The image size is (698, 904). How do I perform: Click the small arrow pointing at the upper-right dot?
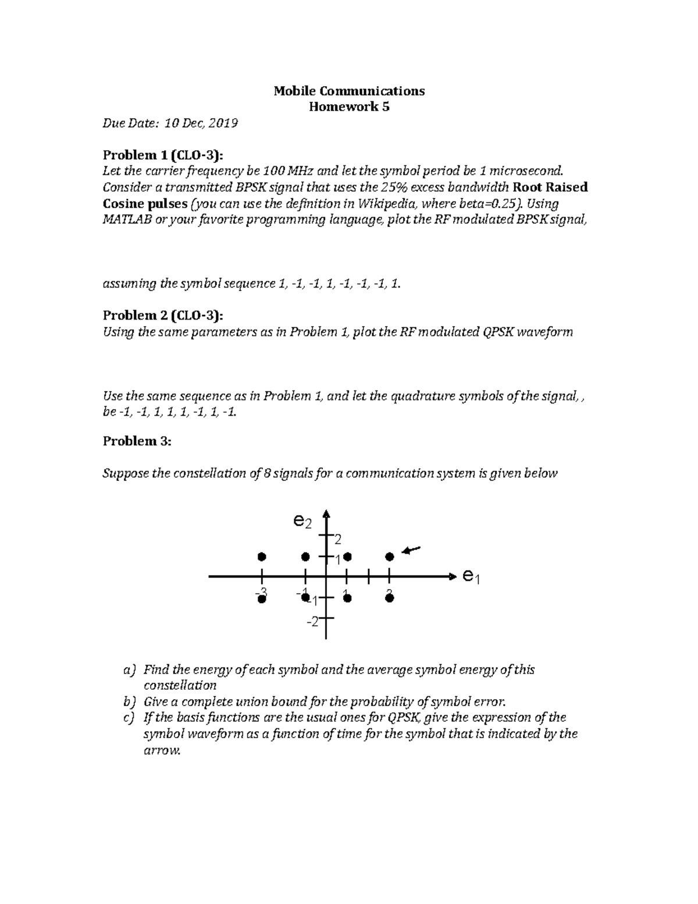point(411,550)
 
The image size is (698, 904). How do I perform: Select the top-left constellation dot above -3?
point(262,557)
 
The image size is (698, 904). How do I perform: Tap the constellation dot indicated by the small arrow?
point(390,557)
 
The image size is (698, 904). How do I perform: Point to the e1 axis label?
point(471,577)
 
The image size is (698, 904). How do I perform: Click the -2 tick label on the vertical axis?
point(314,622)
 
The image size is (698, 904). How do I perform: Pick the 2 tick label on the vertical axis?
point(337,538)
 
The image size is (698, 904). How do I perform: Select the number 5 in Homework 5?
point(386,107)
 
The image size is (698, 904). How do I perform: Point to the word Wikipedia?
point(386,204)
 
